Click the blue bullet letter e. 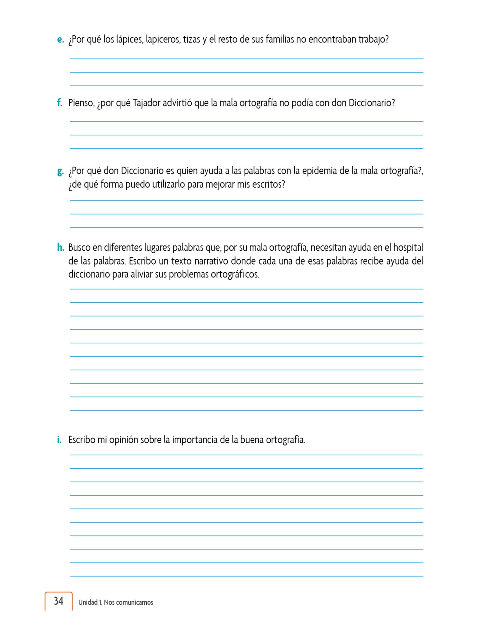pyautogui.click(x=60, y=40)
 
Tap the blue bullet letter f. pyautogui.click(x=60, y=103)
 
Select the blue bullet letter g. pyautogui.click(x=60, y=172)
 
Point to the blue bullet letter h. pyautogui.click(x=60, y=248)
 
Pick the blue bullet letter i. pyautogui.click(x=59, y=440)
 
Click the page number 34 pyautogui.click(x=58, y=601)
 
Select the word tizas pyautogui.click(x=191, y=40)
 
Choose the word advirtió pyautogui.click(x=178, y=103)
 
